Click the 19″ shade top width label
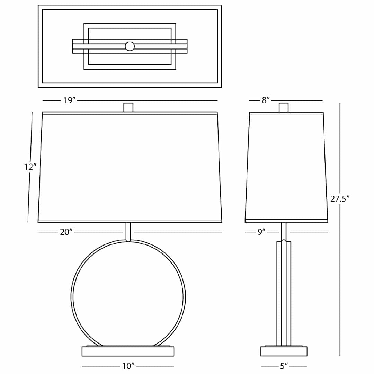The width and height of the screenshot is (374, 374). coord(69,100)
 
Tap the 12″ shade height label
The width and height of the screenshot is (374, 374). coord(30,167)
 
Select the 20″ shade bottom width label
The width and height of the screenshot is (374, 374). coord(66,232)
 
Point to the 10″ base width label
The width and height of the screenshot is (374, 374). coord(128,366)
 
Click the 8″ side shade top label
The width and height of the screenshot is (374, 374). coord(266,100)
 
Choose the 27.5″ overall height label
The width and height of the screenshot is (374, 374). coord(340,199)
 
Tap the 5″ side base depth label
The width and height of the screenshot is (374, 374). coord(284,366)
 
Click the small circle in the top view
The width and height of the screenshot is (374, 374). coord(130,46)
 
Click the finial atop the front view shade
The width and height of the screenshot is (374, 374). coord(128,107)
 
